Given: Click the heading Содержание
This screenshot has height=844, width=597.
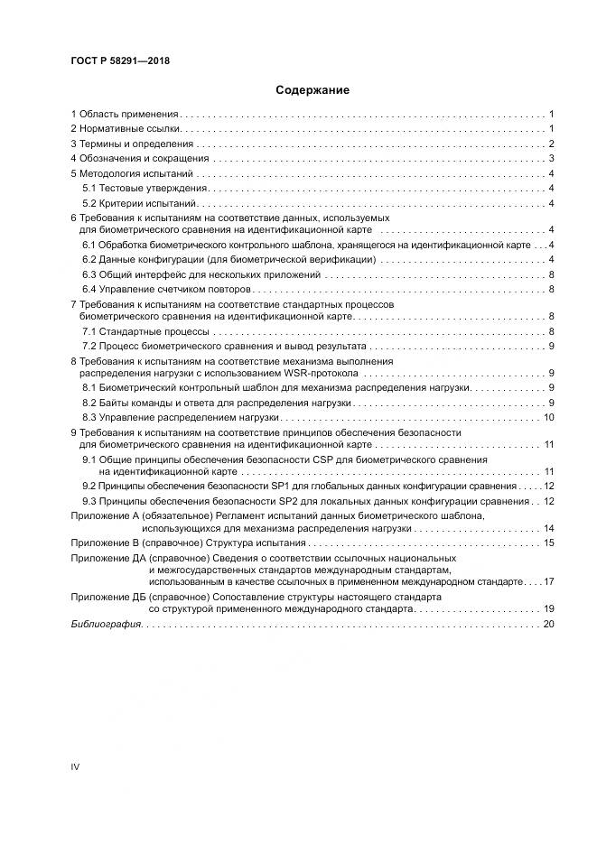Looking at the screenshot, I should pos(299,90).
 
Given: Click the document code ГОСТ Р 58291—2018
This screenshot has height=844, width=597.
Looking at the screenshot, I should pos(120,61).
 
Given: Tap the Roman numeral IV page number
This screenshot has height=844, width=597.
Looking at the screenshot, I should pos(76,766).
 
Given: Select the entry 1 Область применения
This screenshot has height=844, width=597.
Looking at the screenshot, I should pos(126,115).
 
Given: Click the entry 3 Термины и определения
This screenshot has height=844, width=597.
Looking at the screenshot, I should pos(132,144).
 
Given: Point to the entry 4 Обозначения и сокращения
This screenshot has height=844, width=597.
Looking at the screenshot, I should pos(140,158).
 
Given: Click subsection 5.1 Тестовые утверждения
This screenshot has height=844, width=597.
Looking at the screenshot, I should pos(145,188).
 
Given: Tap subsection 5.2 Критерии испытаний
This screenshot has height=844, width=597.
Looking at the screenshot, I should pos(140,203).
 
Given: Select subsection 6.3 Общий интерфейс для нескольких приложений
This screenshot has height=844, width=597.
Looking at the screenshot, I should pos(201,274).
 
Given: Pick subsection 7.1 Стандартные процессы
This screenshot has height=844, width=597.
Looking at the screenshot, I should pos(141,332).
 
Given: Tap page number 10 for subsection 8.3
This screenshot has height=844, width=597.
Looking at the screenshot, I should pos(548,417).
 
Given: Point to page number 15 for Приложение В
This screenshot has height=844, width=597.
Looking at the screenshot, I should pos(548,543).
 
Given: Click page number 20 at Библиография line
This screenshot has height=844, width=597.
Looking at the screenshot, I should pos(548,625).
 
